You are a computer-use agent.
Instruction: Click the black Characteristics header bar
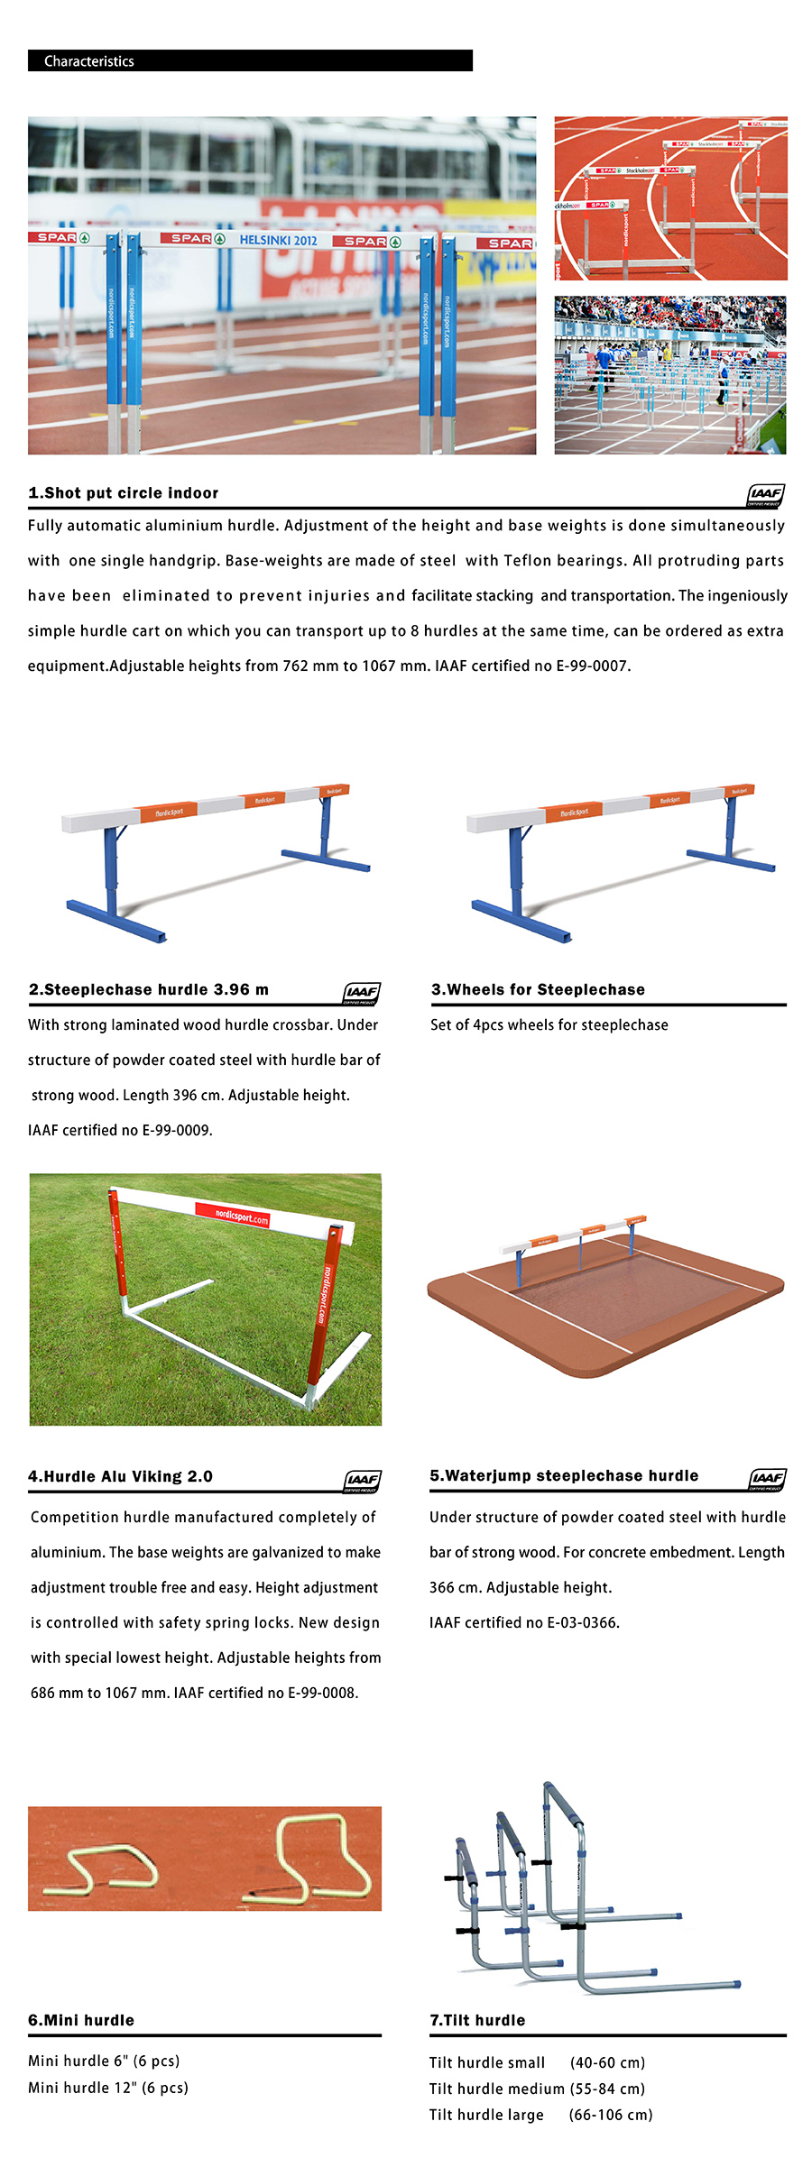(250, 60)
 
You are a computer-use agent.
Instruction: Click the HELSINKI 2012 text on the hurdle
(278, 240)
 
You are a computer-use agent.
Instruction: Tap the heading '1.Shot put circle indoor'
(124, 493)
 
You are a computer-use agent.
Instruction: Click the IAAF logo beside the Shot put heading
(765, 494)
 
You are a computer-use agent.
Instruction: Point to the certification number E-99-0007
(593, 666)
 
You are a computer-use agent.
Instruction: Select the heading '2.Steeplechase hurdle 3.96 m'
(149, 989)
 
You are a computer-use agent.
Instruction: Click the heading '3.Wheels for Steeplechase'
(538, 989)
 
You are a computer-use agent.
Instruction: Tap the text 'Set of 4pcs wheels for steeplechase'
(549, 1024)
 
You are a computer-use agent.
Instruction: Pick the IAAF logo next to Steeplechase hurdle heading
(361, 992)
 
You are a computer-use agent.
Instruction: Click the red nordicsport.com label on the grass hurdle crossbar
(241, 1217)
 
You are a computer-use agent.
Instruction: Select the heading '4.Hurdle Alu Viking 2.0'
(120, 1476)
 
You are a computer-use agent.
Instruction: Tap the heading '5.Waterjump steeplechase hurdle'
(564, 1475)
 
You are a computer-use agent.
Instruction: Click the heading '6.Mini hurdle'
(81, 2020)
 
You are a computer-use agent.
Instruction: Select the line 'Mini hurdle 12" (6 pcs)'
(108, 2088)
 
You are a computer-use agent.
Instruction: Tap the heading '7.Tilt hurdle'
(477, 2020)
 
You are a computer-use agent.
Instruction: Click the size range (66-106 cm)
(611, 2115)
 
